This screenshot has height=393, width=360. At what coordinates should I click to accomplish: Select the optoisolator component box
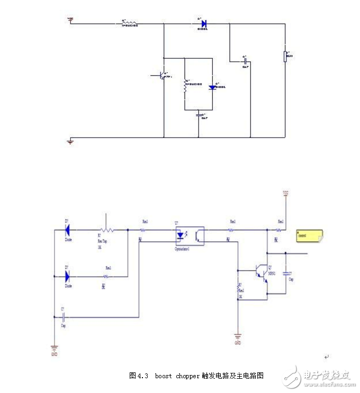click(x=189, y=234)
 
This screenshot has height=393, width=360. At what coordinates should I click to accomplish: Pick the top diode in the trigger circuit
click(x=67, y=230)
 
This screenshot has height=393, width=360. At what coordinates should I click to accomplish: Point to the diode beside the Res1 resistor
click(x=67, y=276)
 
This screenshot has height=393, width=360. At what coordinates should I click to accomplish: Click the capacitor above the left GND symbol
click(x=63, y=317)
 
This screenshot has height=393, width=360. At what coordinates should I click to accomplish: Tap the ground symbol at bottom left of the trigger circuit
click(x=54, y=349)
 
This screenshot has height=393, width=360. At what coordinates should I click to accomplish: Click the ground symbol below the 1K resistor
click(x=238, y=336)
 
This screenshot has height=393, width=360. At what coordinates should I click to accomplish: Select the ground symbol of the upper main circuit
click(x=70, y=141)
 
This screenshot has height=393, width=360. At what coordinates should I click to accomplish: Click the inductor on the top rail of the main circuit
click(x=129, y=23)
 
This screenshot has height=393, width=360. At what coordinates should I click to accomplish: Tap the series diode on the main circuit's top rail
click(x=203, y=23)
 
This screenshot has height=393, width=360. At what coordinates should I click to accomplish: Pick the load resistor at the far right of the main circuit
click(x=286, y=56)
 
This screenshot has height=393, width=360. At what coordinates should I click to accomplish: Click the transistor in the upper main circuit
click(x=161, y=75)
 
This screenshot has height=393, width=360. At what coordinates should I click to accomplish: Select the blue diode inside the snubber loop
click(x=212, y=86)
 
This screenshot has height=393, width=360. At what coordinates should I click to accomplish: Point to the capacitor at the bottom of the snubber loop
click(x=199, y=114)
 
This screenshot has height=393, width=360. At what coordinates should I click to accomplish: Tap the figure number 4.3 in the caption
click(x=143, y=376)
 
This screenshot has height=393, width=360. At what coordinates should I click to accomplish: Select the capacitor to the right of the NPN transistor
click(x=286, y=273)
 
